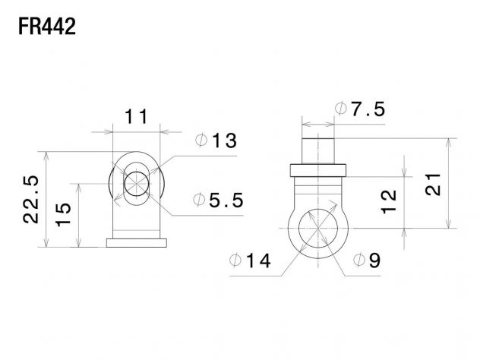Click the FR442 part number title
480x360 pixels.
[47, 27]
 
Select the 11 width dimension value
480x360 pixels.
[136, 117]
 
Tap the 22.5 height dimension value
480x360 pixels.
[31, 199]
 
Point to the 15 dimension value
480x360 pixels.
[63, 215]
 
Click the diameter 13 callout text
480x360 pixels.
[216, 141]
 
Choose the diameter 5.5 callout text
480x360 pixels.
[219, 201]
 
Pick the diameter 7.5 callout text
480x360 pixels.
[360, 109]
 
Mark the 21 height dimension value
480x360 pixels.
[433, 185]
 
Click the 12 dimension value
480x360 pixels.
[388, 202]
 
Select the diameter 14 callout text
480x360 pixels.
[250, 261]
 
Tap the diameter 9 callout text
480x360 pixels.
[367, 261]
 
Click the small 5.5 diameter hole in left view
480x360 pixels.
[137, 184]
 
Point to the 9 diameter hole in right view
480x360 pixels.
[318, 229]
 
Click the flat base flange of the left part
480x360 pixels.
[137, 243]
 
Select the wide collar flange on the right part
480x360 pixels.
[318, 171]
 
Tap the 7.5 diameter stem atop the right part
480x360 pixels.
[318, 151]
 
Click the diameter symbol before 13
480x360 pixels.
[201, 141]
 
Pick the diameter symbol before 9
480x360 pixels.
[359, 261]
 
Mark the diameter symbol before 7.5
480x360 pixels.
[341, 109]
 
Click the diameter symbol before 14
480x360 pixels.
[235, 261]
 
